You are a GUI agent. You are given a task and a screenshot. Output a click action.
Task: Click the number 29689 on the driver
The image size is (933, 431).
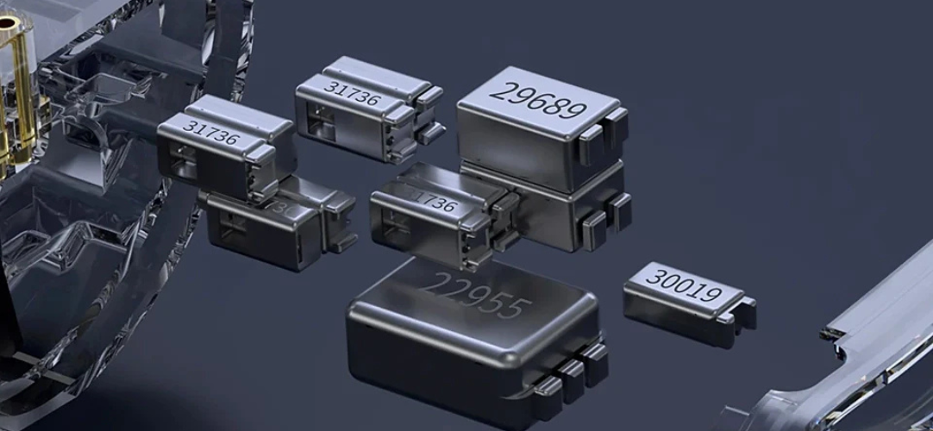point(537,100)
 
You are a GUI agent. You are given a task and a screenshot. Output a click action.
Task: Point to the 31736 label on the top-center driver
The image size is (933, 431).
point(352,93)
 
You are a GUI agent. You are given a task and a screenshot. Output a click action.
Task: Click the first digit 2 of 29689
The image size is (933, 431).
point(499,91)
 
